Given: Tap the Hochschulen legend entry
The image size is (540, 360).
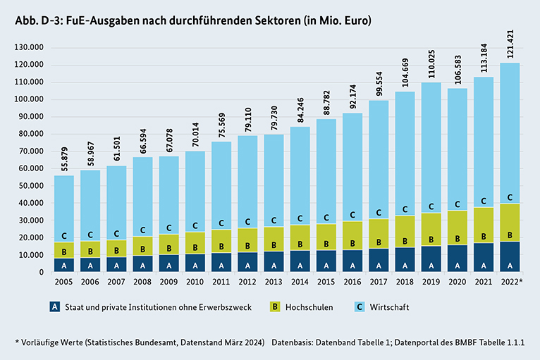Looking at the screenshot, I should pos(296,307).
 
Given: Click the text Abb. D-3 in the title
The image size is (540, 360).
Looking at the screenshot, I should pos(35,21).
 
